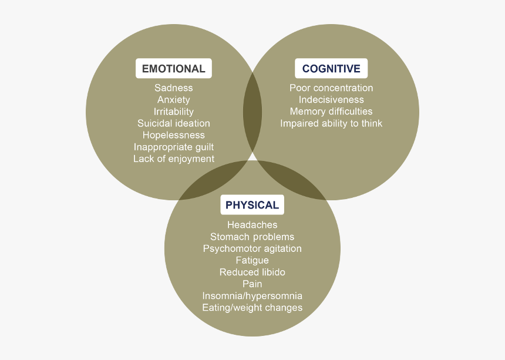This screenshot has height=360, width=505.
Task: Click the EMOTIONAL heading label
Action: pyautogui.click(x=173, y=69)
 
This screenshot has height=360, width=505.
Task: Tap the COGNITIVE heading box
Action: pyautogui.click(x=331, y=69)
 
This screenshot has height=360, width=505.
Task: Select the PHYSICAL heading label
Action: pyautogui.click(x=252, y=205)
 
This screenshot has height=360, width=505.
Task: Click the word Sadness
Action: pyautogui.click(x=173, y=88)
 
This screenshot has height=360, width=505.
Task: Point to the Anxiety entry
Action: pyautogui.click(x=173, y=100)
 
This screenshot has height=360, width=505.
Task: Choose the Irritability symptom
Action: pyautogui.click(x=173, y=112)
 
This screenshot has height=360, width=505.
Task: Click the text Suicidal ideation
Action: pyautogui.click(x=173, y=123)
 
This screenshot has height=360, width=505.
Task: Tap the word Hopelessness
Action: pyautogui.click(x=173, y=135)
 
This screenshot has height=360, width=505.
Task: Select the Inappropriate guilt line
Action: pyautogui.click(x=173, y=147)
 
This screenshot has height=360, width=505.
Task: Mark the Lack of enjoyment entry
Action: pyautogui.click(x=173, y=159)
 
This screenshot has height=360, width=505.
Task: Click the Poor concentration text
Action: pyautogui.click(x=331, y=88)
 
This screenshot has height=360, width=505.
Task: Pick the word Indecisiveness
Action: pyautogui.click(x=331, y=100)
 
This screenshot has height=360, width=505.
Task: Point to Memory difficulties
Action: pyautogui.click(x=331, y=112)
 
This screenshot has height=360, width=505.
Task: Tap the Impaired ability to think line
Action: pyautogui.click(x=331, y=123)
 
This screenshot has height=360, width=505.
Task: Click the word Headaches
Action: pyautogui.click(x=252, y=225)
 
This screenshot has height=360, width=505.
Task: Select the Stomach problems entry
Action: pyautogui.click(x=252, y=237)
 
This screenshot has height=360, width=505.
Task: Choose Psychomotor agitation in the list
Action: pyautogui.click(x=252, y=248)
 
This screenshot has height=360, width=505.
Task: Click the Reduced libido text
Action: pyautogui.click(x=252, y=272)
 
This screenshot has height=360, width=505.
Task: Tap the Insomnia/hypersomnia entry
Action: pyautogui.click(x=252, y=296)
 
